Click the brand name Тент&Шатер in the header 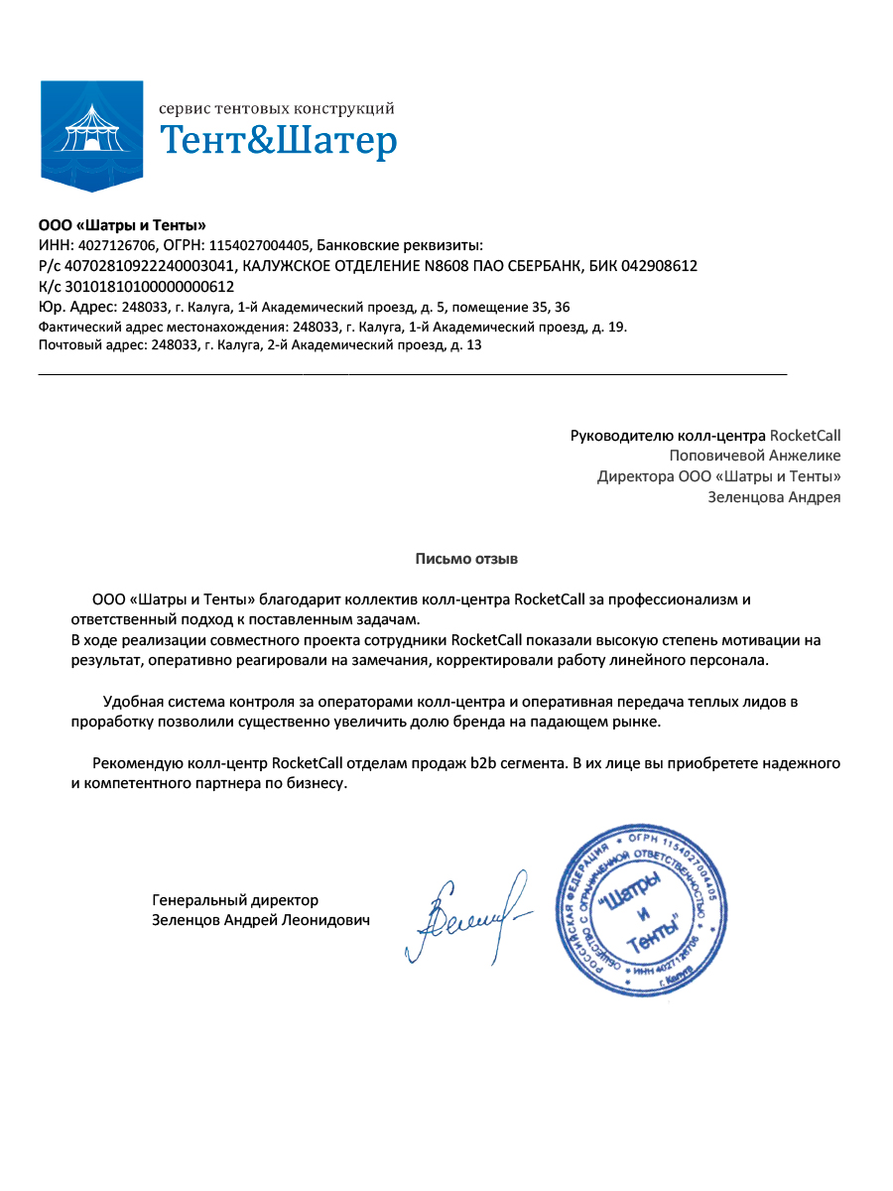point(278,141)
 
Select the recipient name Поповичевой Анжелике point(754,456)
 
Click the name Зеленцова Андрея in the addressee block point(774,497)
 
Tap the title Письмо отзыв point(466,559)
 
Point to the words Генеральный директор point(235,900)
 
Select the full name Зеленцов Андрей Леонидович point(260,921)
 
